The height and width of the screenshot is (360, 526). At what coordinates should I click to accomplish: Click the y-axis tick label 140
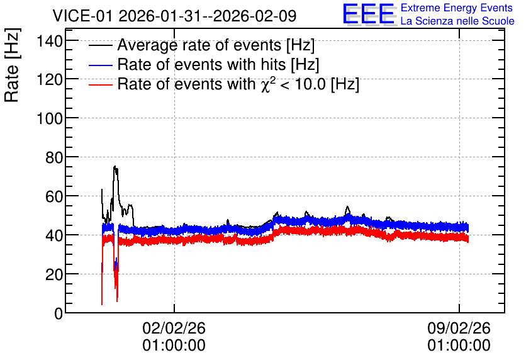(x=50, y=42)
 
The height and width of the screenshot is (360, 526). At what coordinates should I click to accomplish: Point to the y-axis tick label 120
(x=50, y=80)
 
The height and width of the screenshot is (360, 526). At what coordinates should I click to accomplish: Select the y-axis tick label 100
(x=50, y=119)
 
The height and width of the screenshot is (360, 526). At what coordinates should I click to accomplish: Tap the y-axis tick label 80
(x=54, y=158)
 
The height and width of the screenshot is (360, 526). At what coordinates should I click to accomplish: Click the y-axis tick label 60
(x=54, y=196)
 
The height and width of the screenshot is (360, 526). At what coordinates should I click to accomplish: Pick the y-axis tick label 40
(x=54, y=235)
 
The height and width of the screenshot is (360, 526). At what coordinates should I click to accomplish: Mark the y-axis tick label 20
(x=54, y=275)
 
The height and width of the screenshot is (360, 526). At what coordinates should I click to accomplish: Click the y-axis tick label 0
(x=59, y=313)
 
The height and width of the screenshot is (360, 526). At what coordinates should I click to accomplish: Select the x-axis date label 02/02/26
(x=174, y=328)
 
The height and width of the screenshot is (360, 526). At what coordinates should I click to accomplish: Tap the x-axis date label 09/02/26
(x=459, y=328)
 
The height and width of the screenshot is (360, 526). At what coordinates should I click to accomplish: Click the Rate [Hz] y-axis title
(x=12, y=65)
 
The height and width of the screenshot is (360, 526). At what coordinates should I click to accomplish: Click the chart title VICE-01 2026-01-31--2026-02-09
(x=174, y=16)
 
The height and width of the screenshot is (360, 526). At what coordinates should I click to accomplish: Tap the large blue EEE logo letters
(x=368, y=14)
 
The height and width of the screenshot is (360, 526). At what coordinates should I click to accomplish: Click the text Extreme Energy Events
(x=457, y=8)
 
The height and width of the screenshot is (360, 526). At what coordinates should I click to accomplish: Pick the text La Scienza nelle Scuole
(x=457, y=21)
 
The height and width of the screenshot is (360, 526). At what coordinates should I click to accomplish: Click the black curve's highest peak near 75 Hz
(x=115, y=166)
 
